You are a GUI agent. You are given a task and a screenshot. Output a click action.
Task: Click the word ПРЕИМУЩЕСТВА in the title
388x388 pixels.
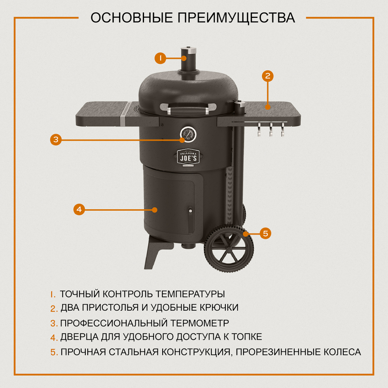(x=236, y=17)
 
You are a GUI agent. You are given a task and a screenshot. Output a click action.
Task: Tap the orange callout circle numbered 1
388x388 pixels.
(x=160, y=58)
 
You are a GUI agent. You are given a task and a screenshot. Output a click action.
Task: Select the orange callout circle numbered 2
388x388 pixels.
(x=267, y=76)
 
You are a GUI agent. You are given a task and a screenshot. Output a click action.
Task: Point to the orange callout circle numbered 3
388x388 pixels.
(x=56, y=139)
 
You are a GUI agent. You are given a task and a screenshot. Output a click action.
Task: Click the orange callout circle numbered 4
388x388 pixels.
(x=79, y=210)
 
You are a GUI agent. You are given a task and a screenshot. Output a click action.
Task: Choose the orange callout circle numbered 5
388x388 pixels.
(x=265, y=233)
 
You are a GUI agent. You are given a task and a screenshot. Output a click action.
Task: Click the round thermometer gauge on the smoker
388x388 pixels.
(x=188, y=134)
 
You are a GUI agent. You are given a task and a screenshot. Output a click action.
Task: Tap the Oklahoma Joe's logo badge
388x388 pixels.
(x=188, y=157)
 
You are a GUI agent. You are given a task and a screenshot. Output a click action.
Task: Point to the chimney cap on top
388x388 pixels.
(x=189, y=50)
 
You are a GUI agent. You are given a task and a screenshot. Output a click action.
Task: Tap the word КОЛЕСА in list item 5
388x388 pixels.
(x=342, y=352)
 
